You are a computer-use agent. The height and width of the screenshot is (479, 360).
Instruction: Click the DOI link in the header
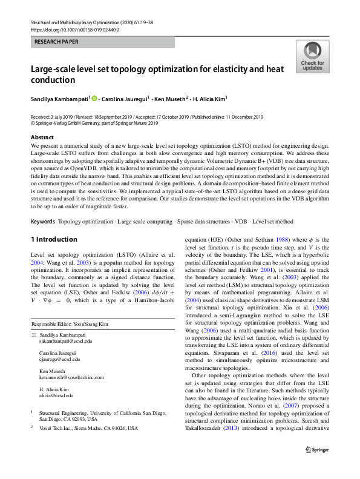click(x=74, y=28)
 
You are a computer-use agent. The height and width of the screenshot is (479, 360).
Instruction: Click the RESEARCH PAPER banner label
click(x=56, y=42)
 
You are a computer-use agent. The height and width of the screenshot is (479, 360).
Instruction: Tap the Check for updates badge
click(x=312, y=57)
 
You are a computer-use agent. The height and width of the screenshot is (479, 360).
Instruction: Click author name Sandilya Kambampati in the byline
click(x=59, y=98)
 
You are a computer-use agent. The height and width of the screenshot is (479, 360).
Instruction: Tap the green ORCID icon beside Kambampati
click(x=94, y=98)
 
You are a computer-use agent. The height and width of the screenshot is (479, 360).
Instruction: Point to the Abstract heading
click(x=42, y=137)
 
